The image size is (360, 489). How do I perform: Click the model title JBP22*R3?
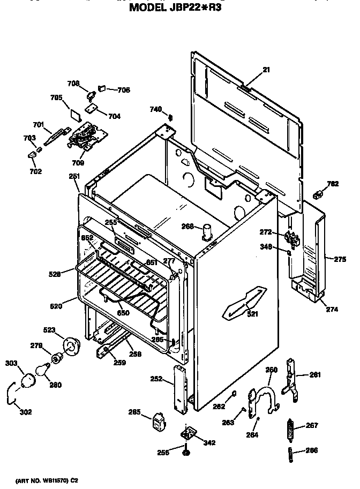(176, 8)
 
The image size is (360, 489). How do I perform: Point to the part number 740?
(155, 110)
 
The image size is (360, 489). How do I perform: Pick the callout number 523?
(49, 330)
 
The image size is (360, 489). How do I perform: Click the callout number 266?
(311, 450)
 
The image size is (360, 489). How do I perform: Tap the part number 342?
(209, 442)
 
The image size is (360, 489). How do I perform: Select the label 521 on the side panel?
(252, 314)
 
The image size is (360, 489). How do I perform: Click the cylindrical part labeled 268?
(207, 234)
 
